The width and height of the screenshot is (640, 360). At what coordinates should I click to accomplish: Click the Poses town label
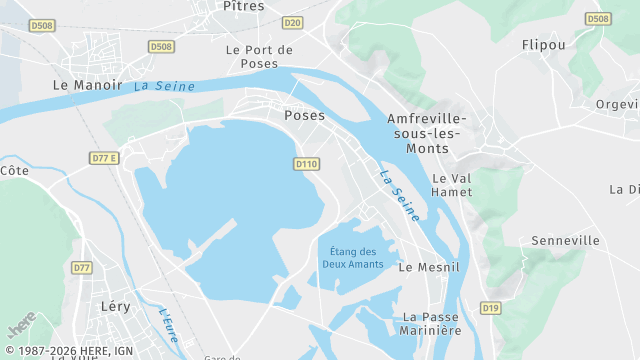click(304, 115)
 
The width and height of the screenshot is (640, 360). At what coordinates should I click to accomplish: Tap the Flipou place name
click(543, 45)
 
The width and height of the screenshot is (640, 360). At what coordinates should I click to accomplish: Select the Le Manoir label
click(87, 86)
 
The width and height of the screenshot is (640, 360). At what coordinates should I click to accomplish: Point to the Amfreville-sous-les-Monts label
click(428, 133)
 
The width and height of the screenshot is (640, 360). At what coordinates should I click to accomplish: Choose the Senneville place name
click(565, 240)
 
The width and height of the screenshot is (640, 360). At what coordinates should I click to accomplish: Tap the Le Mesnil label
click(428, 267)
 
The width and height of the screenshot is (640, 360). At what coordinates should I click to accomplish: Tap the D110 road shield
click(307, 163)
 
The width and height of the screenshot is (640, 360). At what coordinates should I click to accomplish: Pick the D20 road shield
click(292, 22)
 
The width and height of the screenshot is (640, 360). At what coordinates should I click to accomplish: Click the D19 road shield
click(489, 308)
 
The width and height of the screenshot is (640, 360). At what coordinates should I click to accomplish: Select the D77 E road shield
click(104, 158)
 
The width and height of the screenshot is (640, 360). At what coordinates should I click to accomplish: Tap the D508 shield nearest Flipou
click(598, 19)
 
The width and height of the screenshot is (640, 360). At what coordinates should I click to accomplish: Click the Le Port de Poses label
click(259, 56)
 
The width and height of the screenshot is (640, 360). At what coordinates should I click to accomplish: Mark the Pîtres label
click(244, 6)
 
